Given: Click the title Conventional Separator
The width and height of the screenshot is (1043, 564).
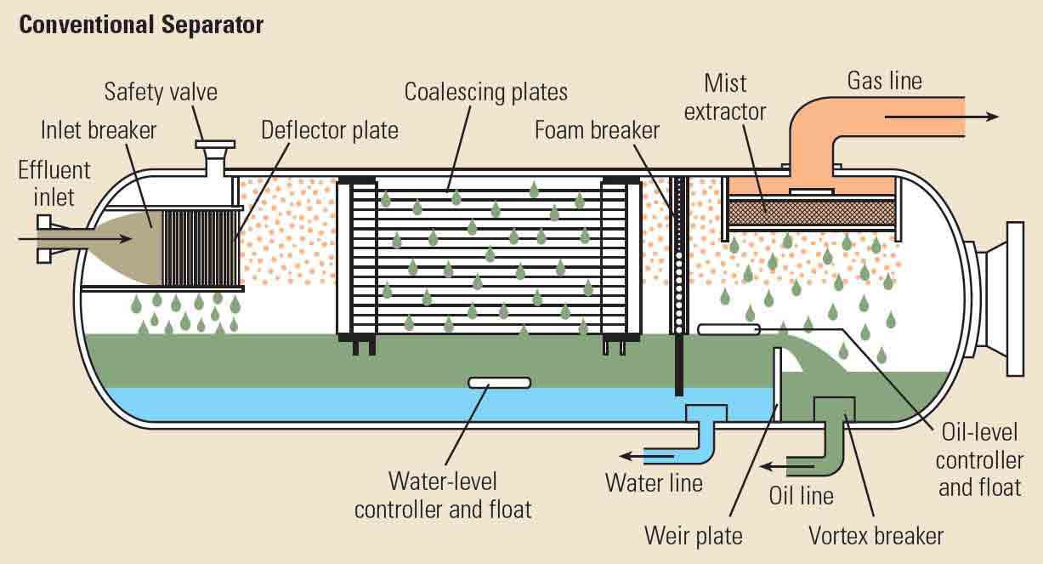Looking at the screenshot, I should [x=141, y=25].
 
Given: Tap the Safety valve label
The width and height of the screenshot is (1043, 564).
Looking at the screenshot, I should [x=161, y=91].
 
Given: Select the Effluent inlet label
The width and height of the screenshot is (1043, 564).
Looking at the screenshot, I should [x=54, y=183].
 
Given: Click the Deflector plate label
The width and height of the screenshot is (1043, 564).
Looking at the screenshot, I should [x=329, y=130].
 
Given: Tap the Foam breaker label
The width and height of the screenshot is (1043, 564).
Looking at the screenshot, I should [x=597, y=130].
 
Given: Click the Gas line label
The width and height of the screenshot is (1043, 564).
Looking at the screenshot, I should [x=884, y=81].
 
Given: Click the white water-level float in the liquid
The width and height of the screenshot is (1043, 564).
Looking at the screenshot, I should [x=500, y=383].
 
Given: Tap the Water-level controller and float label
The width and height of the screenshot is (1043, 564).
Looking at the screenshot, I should [x=442, y=494].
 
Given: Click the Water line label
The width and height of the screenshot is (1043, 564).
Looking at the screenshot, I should [x=654, y=482].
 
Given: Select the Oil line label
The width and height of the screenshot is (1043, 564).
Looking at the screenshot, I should [x=801, y=495].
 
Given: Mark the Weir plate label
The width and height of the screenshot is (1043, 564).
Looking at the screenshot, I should [x=693, y=535].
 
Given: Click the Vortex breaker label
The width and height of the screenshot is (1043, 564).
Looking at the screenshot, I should [x=876, y=535].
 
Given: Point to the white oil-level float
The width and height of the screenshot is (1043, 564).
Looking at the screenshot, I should [x=727, y=328].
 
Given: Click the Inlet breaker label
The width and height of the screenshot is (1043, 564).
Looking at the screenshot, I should [x=99, y=130].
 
